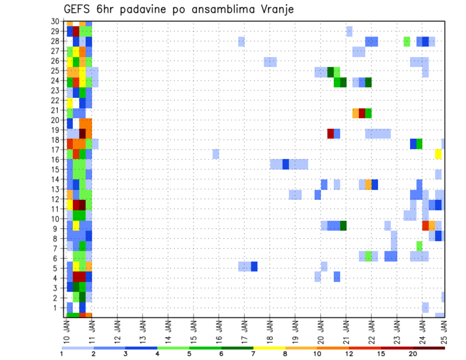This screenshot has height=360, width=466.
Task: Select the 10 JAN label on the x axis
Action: [x=67, y=330]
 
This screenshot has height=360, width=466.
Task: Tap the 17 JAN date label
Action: [x=244, y=330]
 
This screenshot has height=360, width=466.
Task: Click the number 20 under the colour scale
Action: [x=413, y=354]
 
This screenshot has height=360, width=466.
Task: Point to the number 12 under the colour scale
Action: [x=349, y=354]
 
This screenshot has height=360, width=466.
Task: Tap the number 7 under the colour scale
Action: [x=253, y=354]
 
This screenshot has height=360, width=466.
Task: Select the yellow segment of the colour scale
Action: [x=269, y=348]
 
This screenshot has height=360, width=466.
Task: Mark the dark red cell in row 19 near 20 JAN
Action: [x=331, y=133]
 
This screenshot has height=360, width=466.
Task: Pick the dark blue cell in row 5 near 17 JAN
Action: [x=254, y=266]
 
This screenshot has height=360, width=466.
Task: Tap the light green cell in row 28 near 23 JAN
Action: [x=407, y=42]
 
